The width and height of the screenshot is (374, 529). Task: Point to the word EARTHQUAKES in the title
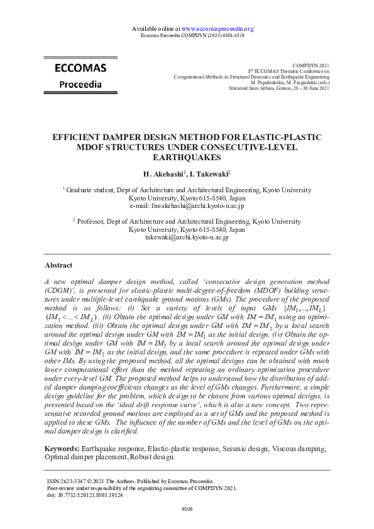tap(187, 157)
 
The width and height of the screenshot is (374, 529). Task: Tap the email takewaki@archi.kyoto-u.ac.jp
tap(187, 237)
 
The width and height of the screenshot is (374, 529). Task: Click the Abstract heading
tap(58, 266)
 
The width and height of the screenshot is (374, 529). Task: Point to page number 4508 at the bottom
tap(187, 510)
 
